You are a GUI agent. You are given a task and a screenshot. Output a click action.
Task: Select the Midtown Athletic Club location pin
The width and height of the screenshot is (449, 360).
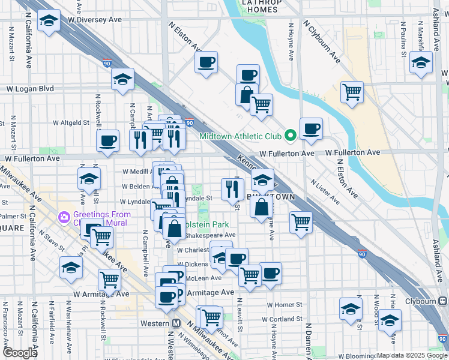[292, 135]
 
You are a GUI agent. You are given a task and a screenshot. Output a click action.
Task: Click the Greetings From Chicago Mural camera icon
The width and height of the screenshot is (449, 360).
[64, 216]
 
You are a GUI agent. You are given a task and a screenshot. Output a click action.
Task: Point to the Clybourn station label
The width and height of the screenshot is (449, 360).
[426, 300]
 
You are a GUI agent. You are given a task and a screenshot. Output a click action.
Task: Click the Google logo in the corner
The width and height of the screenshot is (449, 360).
[19, 353]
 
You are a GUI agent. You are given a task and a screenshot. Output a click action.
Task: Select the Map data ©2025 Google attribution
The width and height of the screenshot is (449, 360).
[412, 356]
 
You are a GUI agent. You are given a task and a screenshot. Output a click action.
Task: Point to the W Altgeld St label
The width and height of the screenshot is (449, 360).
[71, 122]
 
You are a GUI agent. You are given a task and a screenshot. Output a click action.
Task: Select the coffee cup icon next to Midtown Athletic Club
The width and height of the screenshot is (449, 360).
[311, 128]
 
